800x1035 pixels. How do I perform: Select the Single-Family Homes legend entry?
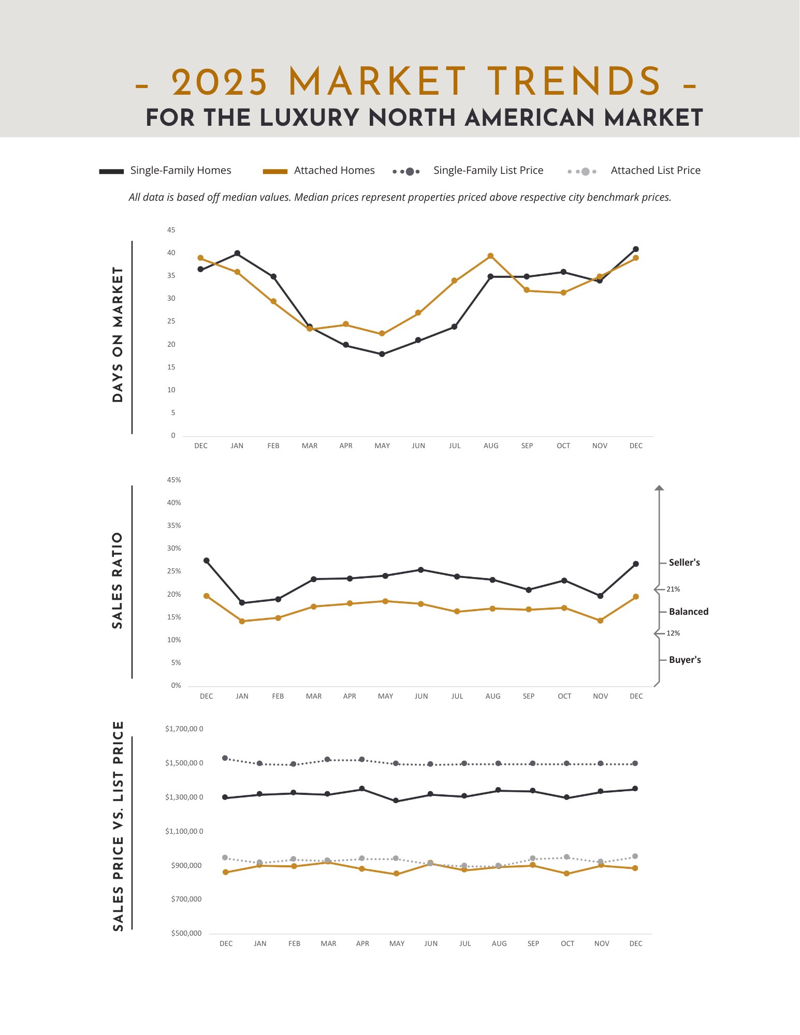180,170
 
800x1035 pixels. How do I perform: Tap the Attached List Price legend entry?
655,170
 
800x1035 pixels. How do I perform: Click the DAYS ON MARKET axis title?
118,335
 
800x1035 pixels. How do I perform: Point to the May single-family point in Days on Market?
382,354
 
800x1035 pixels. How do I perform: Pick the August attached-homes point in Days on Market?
490,256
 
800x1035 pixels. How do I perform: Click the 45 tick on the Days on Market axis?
171,230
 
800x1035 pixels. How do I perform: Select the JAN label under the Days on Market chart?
237,446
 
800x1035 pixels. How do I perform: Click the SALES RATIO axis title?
118,580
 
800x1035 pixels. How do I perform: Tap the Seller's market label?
684,563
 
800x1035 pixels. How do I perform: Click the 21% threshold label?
673,589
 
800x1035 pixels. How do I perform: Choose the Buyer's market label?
685,660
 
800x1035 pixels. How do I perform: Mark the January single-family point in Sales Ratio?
242,603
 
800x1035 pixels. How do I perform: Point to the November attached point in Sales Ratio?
600,620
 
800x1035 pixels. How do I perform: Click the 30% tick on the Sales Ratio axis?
174,548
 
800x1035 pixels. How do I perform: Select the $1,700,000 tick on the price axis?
184,729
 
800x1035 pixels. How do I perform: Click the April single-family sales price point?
362,789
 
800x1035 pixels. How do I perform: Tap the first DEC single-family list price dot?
225,758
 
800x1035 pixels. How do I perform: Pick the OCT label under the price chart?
568,943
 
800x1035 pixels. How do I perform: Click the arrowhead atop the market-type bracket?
659,488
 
